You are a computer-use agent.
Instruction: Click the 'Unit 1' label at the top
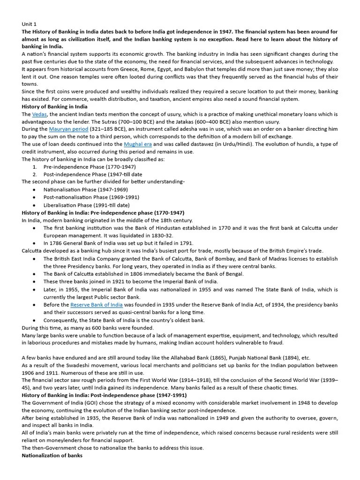tap(29, 24)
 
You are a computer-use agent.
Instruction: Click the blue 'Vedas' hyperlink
tap(39, 114)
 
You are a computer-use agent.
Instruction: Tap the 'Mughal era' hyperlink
tap(138, 144)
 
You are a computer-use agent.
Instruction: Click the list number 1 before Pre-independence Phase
tap(35, 167)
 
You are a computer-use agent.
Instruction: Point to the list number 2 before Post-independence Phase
tap(35, 174)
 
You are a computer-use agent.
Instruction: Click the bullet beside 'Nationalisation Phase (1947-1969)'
tap(35, 190)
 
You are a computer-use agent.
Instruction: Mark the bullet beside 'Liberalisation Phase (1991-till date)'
tap(35, 205)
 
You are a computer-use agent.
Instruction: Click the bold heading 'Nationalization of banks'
tap(52, 455)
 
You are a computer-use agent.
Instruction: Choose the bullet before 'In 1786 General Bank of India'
tap(35, 243)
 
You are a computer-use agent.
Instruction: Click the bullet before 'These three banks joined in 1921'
tap(35, 282)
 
